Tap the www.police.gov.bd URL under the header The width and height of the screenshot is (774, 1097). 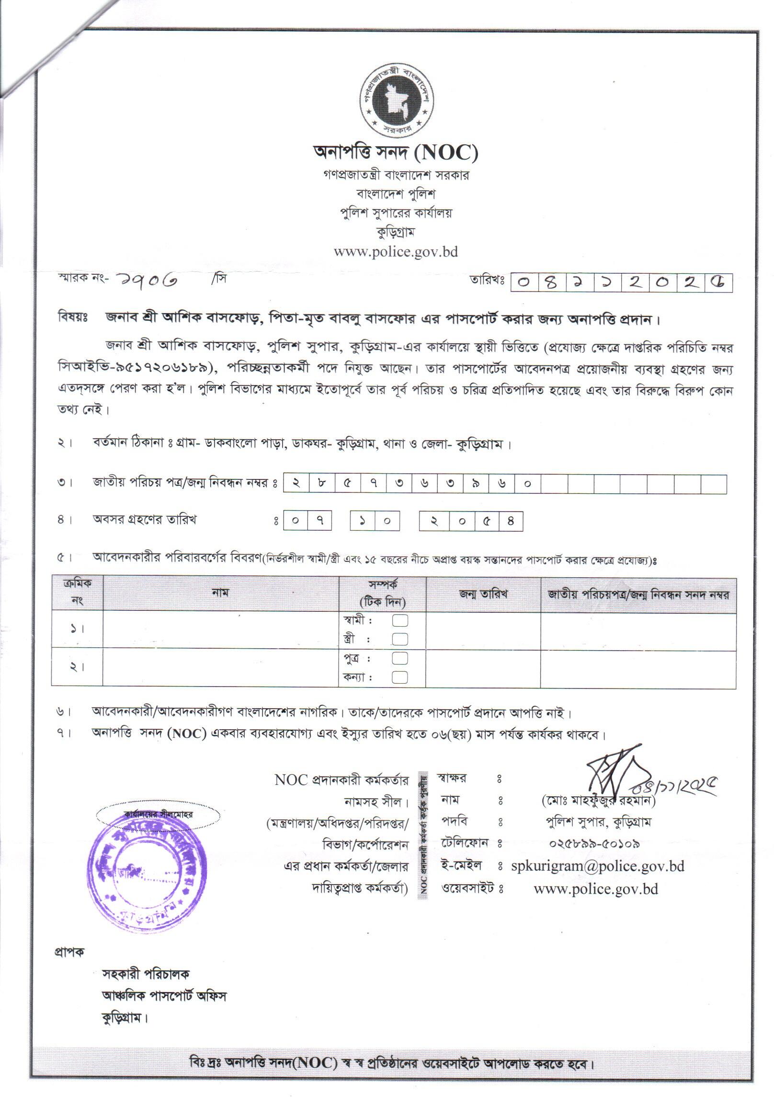click(396, 252)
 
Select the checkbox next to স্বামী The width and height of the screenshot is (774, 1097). click(400, 621)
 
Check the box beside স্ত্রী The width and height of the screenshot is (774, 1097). click(400, 639)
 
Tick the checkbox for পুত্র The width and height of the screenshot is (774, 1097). click(400, 658)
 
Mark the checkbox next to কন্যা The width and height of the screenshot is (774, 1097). click(400, 677)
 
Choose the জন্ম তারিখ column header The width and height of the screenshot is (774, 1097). click(483, 595)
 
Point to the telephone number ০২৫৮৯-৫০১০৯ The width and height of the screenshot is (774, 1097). click(594, 843)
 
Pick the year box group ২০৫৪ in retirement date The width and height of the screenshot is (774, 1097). click(470, 521)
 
